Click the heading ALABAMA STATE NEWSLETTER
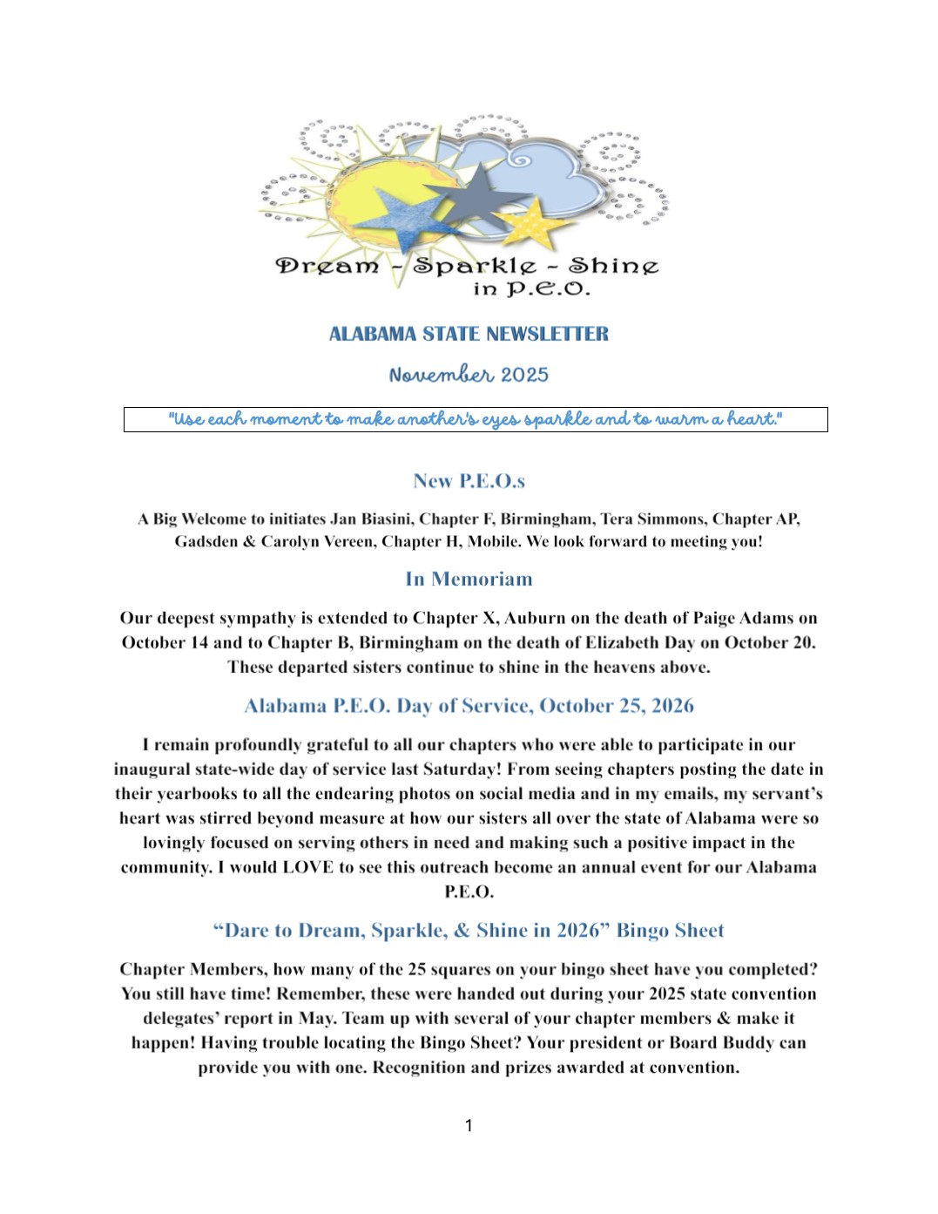click(469, 334)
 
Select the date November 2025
click(469, 375)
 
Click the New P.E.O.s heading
click(469, 481)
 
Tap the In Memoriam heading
click(469, 580)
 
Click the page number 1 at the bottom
click(469, 1126)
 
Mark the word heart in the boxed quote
click(753, 419)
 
